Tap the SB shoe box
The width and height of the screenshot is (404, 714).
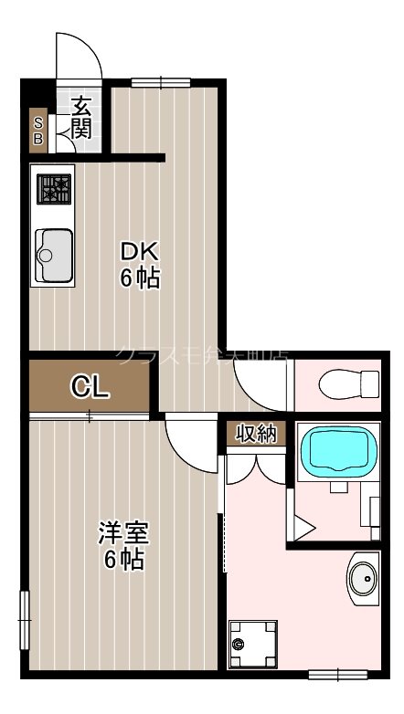pyautogui.click(x=38, y=131)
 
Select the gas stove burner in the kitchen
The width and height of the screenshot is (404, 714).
pyautogui.click(x=54, y=189)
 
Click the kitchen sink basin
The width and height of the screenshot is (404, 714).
pyautogui.click(x=54, y=256)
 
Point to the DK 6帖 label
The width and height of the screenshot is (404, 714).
pyautogui.click(x=140, y=265)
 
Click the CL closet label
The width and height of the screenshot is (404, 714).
pyautogui.click(x=90, y=388)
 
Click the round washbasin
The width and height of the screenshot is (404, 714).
pyautogui.click(x=364, y=576)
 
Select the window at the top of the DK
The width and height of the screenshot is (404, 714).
pyautogui.click(x=160, y=82)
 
